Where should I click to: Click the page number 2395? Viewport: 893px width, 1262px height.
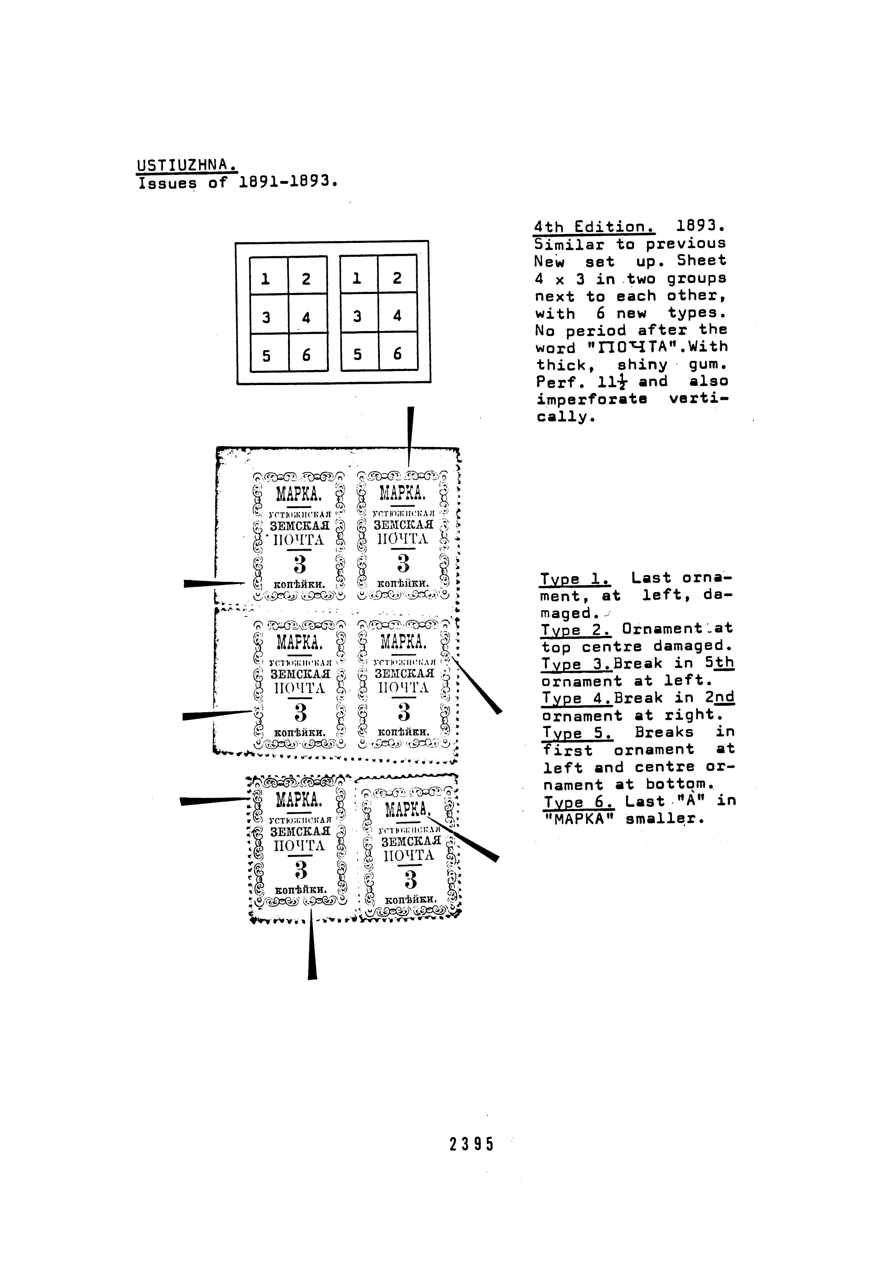pyautogui.click(x=472, y=1145)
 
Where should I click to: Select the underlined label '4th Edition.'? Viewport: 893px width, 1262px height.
pyautogui.click(x=594, y=226)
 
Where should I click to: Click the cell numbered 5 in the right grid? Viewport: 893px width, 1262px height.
pyautogui.click(x=358, y=354)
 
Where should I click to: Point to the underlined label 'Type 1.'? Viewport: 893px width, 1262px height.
pyautogui.click(x=575, y=579)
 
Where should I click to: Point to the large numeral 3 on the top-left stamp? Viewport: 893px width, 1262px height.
pyautogui.click(x=299, y=565)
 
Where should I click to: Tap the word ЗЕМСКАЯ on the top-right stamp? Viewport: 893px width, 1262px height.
pyautogui.click(x=403, y=525)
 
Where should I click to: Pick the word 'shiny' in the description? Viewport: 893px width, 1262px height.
pyautogui.click(x=642, y=365)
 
